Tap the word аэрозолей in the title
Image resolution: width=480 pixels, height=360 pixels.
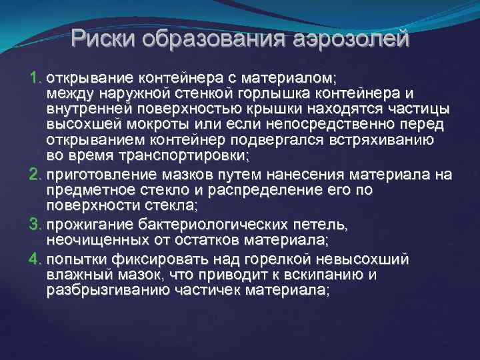(x=350, y=39)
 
